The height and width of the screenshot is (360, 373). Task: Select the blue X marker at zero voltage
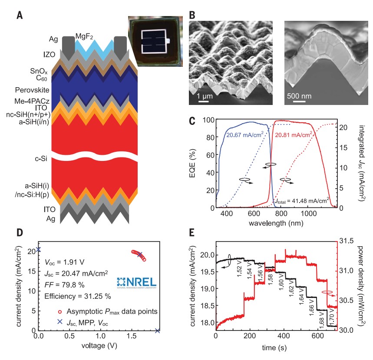[x=39, y=249]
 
